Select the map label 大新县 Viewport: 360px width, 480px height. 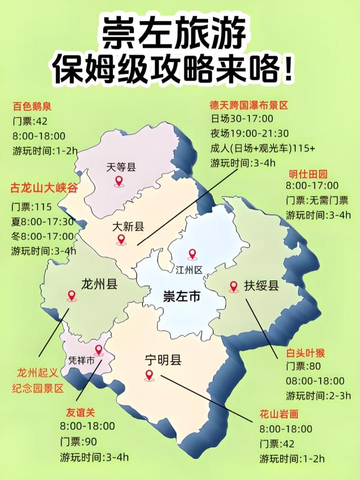point(128,227)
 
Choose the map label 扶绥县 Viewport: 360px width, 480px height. point(262,285)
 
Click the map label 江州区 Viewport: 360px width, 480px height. point(189,270)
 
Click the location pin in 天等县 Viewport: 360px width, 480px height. point(119,181)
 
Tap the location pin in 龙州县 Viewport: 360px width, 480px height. point(71,295)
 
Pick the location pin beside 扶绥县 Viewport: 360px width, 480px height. point(233,286)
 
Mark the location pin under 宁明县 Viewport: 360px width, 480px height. point(149,375)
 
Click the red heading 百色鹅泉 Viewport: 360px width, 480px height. point(32,105)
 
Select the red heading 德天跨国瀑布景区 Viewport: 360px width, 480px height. point(248,105)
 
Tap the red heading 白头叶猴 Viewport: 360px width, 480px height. point(306,353)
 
